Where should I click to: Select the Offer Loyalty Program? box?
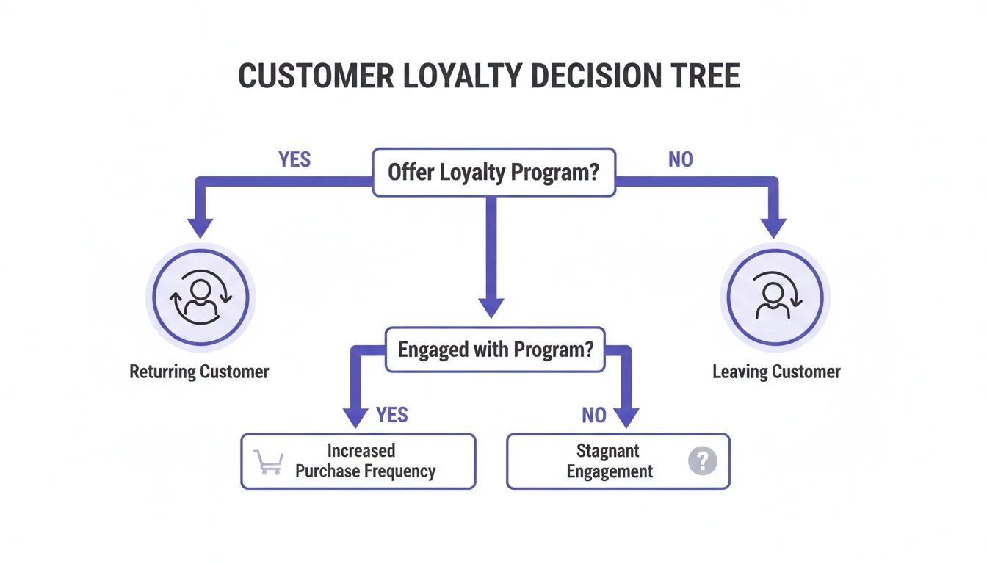pyautogui.click(x=493, y=173)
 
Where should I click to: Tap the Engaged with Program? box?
pyautogui.click(x=496, y=350)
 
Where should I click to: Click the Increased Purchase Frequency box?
pyautogui.click(x=358, y=461)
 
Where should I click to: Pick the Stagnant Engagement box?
pyautogui.click(x=618, y=461)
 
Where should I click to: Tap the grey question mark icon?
pyautogui.click(x=702, y=461)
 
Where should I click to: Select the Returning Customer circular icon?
pyautogui.click(x=200, y=297)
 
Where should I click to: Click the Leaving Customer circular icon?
pyautogui.click(x=775, y=297)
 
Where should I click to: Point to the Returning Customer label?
pyautogui.click(x=200, y=372)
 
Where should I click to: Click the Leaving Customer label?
pyautogui.click(x=776, y=372)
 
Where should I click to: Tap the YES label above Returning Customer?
pyautogui.click(x=294, y=159)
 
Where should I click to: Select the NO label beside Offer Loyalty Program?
pyautogui.click(x=680, y=159)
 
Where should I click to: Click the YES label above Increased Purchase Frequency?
pyautogui.click(x=391, y=415)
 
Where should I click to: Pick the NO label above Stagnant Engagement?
pyautogui.click(x=593, y=415)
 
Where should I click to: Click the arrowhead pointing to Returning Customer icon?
pyautogui.click(x=200, y=227)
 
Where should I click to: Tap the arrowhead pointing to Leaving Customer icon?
pyautogui.click(x=773, y=227)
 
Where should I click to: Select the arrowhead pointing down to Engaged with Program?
pyautogui.click(x=491, y=306)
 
